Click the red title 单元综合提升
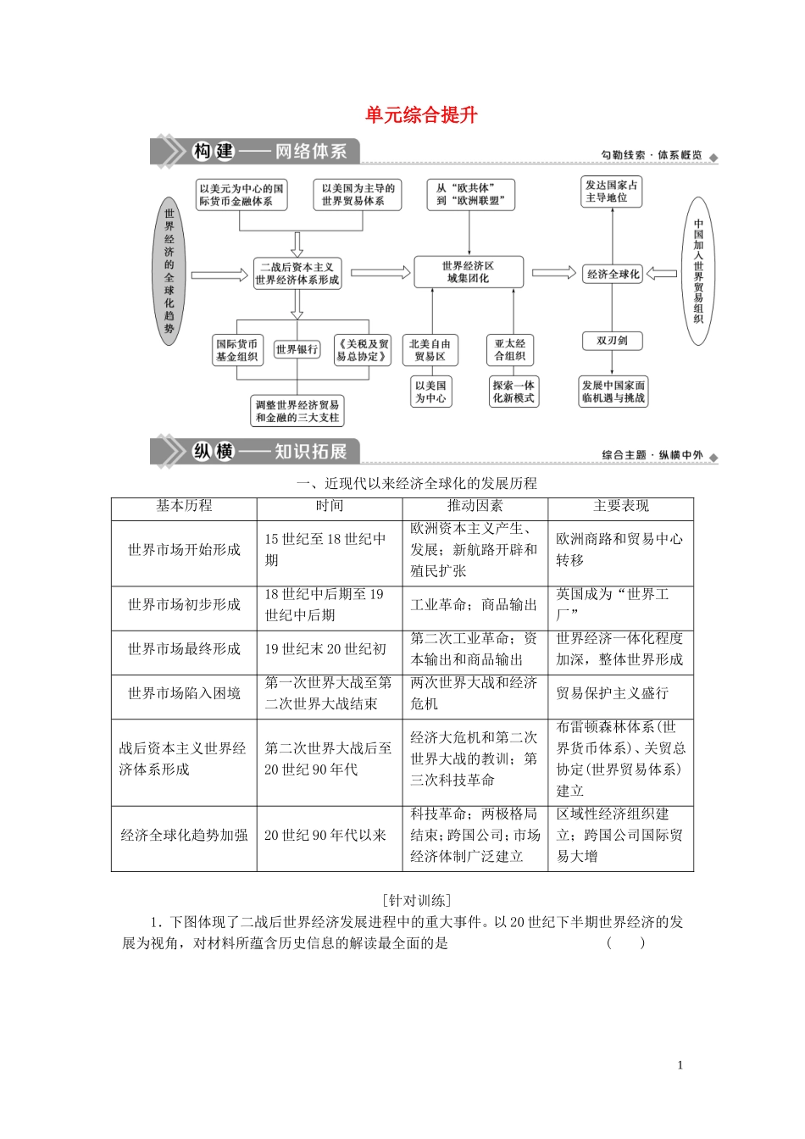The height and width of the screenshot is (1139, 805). (421, 115)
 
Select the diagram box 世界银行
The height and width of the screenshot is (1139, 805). (297, 349)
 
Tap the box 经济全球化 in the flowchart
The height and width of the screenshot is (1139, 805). (613, 274)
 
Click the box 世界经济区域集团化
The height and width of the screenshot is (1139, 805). (468, 272)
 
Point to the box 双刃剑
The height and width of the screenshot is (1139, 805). (612, 341)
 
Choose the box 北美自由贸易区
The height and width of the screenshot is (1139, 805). (430, 350)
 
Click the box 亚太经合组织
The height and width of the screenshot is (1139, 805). (510, 350)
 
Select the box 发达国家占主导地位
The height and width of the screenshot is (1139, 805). (612, 192)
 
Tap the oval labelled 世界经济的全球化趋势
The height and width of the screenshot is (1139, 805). (169, 271)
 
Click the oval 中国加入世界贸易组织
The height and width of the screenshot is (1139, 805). (698, 271)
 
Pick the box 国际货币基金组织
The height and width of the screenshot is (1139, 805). (236, 350)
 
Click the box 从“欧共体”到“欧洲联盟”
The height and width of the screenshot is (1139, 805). (470, 194)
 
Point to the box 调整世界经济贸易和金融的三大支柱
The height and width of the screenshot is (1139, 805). (297, 411)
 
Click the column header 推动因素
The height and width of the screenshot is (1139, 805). (475, 506)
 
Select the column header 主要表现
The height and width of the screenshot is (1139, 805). (620, 506)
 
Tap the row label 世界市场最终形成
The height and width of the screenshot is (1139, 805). (184, 649)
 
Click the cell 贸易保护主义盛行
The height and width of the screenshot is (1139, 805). (613, 693)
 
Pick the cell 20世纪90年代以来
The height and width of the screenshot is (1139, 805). (325, 836)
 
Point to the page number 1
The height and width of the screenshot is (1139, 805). (680, 1065)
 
